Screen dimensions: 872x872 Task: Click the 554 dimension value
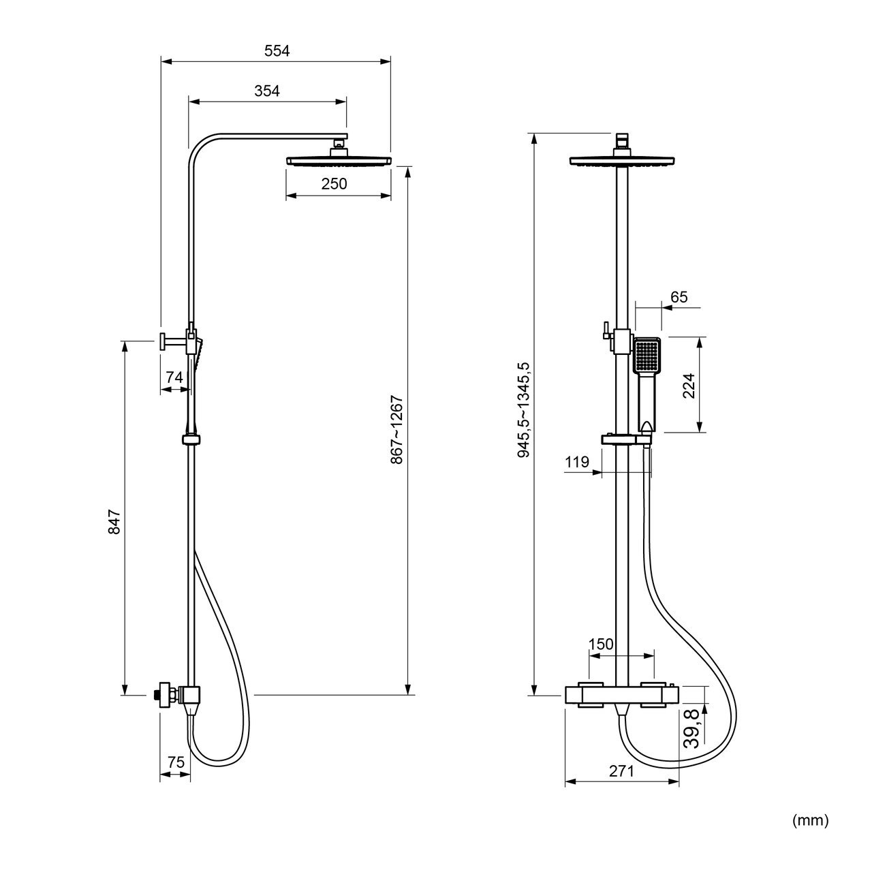coord(277,50)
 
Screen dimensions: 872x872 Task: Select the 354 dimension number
coord(267,91)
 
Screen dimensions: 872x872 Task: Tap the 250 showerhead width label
coord(334,184)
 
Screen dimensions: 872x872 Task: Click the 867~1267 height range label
coord(396,430)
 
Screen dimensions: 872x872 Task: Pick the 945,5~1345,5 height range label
coord(524,410)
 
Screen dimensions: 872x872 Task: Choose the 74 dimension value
coord(174,377)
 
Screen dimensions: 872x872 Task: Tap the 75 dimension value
coord(176,762)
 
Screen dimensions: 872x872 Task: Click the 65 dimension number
coord(679,297)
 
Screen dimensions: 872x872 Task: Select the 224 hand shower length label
coord(688,386)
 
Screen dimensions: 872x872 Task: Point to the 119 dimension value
coord(577,462)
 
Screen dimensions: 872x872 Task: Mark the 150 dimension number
coord(601,644)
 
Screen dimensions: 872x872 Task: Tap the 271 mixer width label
coord(621,771)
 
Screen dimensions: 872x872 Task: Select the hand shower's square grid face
coord(647,356)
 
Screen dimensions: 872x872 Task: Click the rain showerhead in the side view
coord(339,161)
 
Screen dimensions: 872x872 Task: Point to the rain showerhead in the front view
coord(622,161)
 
